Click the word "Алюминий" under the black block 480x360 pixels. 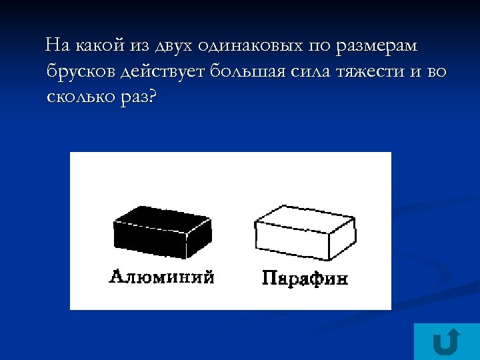click(162, 276)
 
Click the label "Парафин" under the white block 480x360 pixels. click(305, 277)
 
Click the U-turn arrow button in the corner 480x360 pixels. click(446, 342)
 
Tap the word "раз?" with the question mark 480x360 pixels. click(137, 97)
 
